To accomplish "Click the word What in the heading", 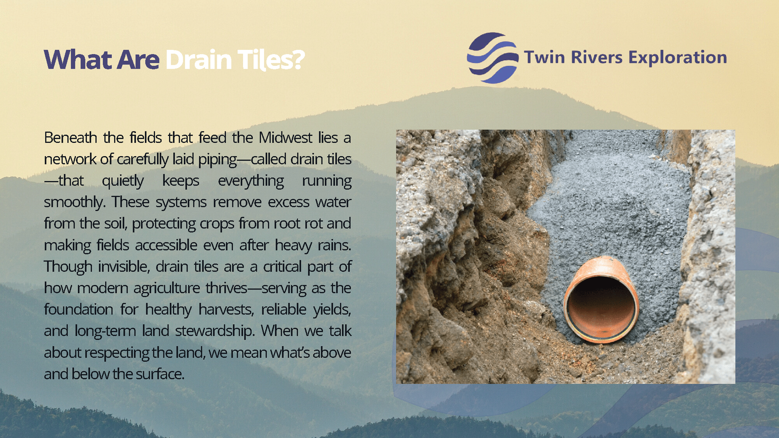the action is coord(77,60).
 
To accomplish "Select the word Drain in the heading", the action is coord(198,60).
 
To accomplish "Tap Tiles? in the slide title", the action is coord(271,60).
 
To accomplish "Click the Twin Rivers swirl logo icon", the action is coord(493,58).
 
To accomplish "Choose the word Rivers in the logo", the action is coord(596,57).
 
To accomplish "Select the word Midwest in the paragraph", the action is coord(286,137).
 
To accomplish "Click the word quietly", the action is coord(123,181).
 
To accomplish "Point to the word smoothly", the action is coord(75,202).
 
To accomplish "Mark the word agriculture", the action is coord(167,288).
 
